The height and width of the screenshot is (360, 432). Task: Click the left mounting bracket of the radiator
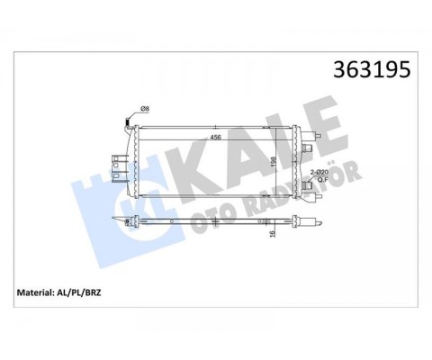(117, 163)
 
